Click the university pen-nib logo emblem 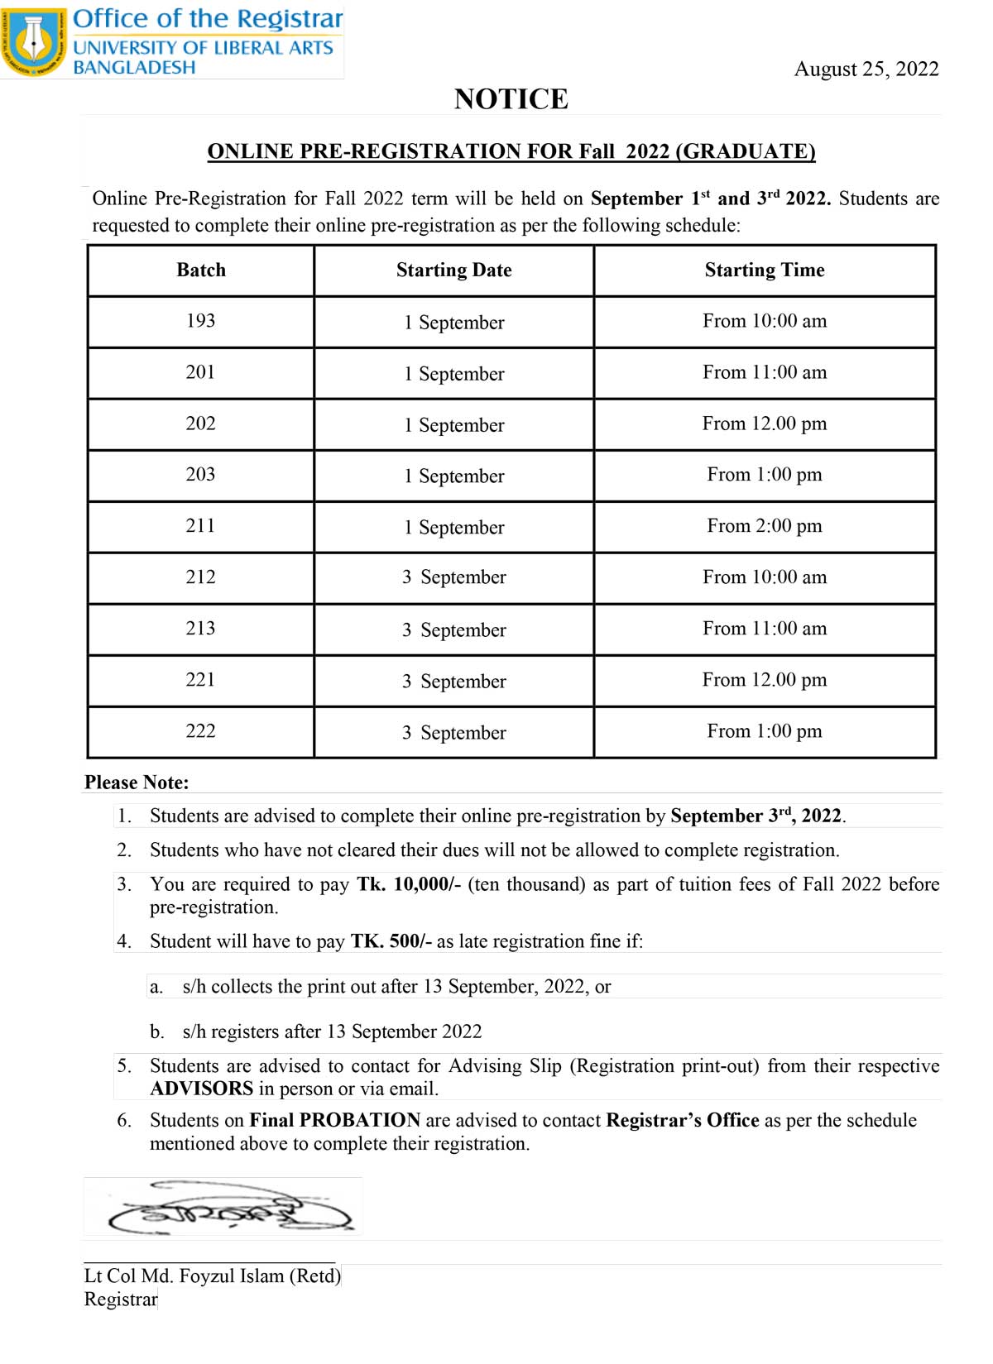click(x=34, y=41)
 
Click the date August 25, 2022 click(x=866, y=69)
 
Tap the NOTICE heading click(x=511, y=99)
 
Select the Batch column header click(x=201, y=270)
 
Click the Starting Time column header click(x=765, y=270)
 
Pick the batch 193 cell click(x=201, y=321)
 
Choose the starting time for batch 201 click(x=765, y=372)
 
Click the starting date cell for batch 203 click(x=453, y=476)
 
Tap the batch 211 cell click(x=201, y=525)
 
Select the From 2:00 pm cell click(x=765, y=525)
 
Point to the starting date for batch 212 click(x=453, y=577)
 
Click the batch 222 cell click(x=201, y=731)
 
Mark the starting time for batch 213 click(x=765, y=629)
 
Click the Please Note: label click(x=137, y=783)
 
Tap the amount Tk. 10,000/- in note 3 click(x=409, y=884)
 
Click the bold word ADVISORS click(x=201, y=1089)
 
